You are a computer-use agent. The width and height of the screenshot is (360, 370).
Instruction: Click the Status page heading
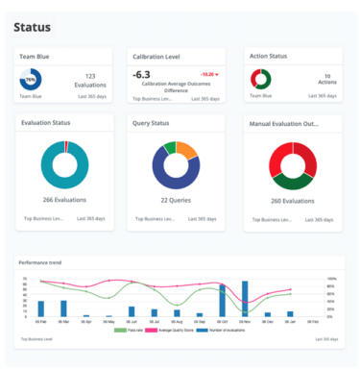(x=32, y=28)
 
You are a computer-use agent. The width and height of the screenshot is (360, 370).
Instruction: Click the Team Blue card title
(x=36, y=57)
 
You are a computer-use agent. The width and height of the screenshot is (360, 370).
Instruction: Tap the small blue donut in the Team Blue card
(x=30, y=80)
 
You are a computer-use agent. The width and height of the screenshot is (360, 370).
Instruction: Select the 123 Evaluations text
(x=91, y=80)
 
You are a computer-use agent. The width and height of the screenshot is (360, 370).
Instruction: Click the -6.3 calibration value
(x=141, y=74)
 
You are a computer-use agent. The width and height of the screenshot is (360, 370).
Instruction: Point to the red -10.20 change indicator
(x=209, y=73)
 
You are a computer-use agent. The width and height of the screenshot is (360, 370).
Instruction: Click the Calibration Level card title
(x=156, y=57)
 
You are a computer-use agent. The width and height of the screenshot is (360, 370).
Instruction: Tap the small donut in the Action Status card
(x=260, y=79)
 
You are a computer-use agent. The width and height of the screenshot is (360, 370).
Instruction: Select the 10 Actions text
(x=327, y=79)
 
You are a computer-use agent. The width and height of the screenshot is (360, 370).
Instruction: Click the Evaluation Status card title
(x=47, y=124)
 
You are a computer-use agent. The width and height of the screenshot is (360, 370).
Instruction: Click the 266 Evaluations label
(x=64, y=200)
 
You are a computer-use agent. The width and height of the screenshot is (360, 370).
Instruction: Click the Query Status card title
(x=154, y=124)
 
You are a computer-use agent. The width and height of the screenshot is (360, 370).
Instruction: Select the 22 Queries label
(x=176, y=200)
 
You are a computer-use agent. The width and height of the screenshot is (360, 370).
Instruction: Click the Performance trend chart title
(x=40, y=262)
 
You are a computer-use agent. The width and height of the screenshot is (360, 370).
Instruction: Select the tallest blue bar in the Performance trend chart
(x=222, y=300)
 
